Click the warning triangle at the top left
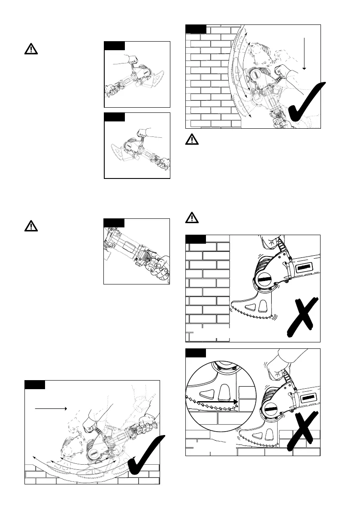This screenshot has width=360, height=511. click(31, 49)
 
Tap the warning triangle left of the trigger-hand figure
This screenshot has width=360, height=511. click(31, 226)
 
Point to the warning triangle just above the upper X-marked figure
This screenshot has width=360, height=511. click(192, 218)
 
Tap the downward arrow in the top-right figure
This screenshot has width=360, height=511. click(304, 53)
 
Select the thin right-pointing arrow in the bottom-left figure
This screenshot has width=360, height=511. click(51, 409)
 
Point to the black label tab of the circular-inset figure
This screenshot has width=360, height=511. click(195, 353)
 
